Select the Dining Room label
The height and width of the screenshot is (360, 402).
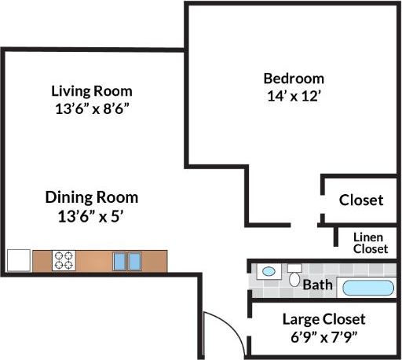(x=91, y=197)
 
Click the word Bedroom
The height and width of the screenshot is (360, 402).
(x=293, y=79)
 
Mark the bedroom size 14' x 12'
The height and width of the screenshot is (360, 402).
(x=293, y=97)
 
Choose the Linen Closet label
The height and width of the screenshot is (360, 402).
(x=370, y=243)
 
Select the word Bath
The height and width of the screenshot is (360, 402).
(x=317, y=285)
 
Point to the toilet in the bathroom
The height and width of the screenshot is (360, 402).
(x=294, y=276)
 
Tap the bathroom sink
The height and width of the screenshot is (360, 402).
(x=269, y=271)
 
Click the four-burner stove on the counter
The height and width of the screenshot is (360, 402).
(x=64, y=260)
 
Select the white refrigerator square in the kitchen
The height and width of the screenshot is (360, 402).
(x=18, y=260)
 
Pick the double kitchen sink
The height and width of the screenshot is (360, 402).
(x=127, y=260)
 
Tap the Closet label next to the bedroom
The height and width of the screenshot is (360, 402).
(x=361, y=200)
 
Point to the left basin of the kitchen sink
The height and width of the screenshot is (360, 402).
(x=120, y=260)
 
